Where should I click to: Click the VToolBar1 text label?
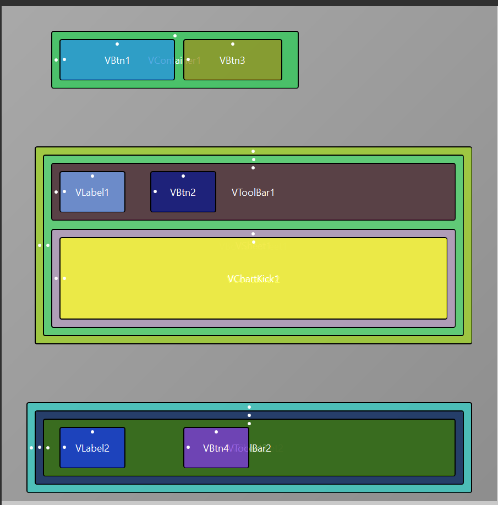click(x=253, y=193)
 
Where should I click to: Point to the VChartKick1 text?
click(x=253, y=279)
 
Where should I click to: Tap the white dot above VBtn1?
click(x=117, y=44)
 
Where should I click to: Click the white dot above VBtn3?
click(x=233, y=44)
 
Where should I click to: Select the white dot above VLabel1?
click(x=92, y=176)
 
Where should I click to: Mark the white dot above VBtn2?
click(x=183, y=176)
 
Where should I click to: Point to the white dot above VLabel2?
click(x=92, y=432)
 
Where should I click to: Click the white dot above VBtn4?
click(x=216, y=432)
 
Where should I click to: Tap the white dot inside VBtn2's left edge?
click(x=155, y=191)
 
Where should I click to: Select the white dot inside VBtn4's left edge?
click(x=188, y=447)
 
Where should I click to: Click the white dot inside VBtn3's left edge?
click(x=188, y=59)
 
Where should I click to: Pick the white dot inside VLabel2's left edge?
click(x=64, y=447)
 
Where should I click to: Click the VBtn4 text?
click(x=216, y=448)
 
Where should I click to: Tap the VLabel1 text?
click(x=92, y=193)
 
